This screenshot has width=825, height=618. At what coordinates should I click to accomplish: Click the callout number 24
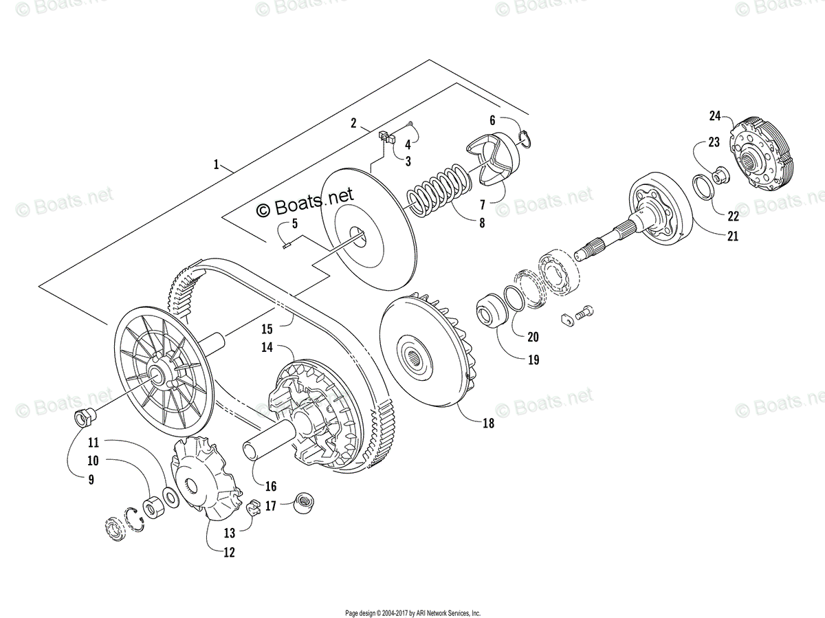[x=714, y=115]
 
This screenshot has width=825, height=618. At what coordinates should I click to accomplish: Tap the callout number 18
[x=488, y=423]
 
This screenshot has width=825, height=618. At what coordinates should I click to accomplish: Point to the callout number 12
[x=228, y=552]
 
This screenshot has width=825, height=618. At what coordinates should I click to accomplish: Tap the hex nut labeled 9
[x=82, y=417]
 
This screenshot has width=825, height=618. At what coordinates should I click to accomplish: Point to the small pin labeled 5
[x=288, y=241]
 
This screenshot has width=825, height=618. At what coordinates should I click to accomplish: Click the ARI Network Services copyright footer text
[x=412, y=613]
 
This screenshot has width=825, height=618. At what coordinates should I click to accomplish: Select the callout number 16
[x=271, y=487]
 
